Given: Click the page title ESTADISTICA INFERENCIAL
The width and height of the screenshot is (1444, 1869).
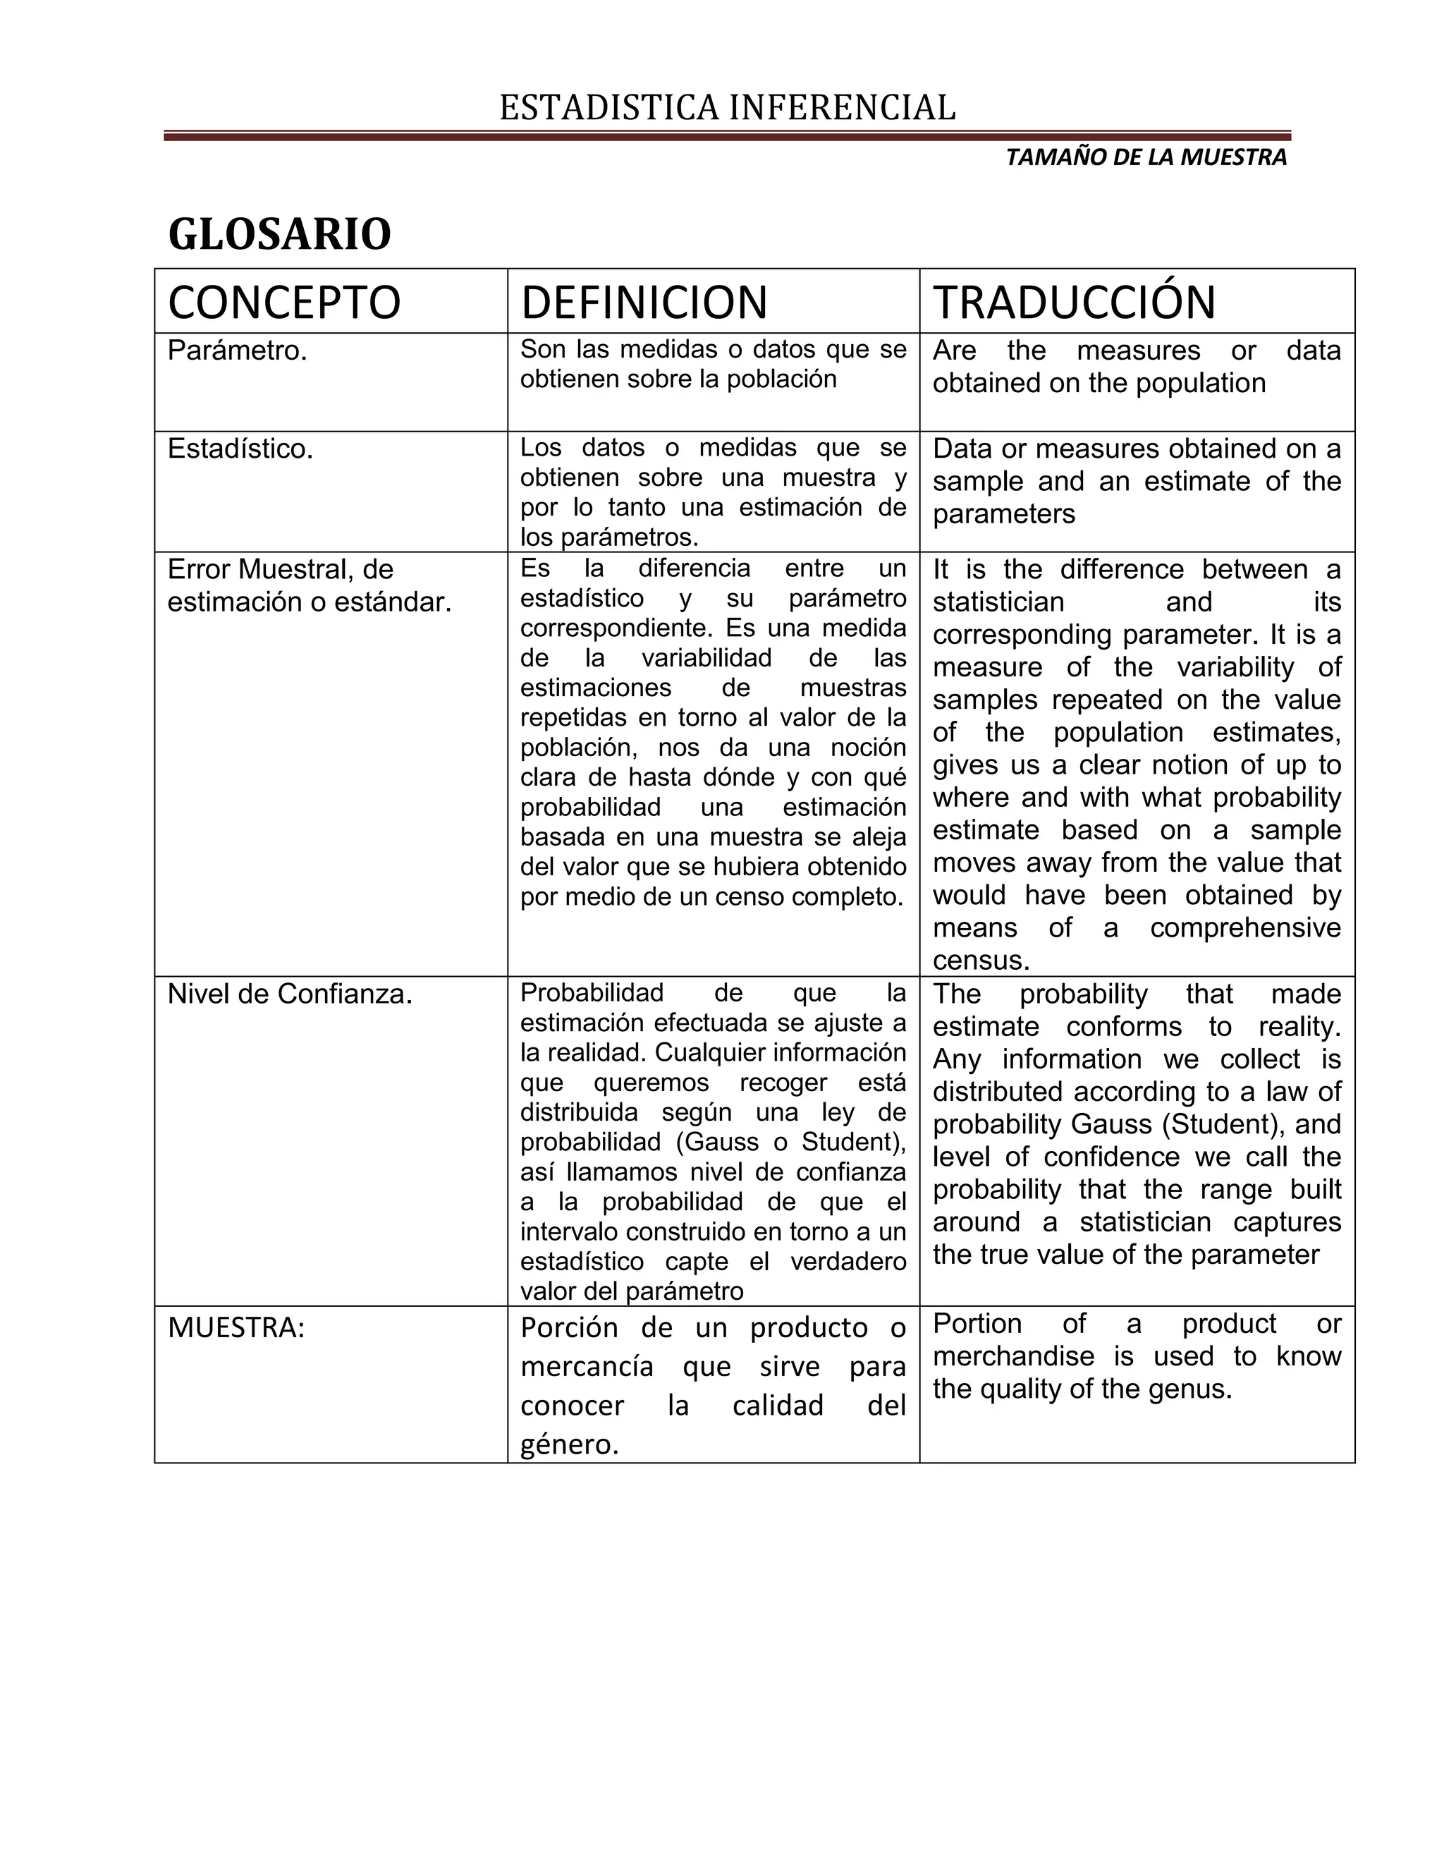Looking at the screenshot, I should [x=727, y=109].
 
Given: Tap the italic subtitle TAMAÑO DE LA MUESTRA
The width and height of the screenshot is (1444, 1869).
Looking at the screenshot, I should [x=1146, y=157].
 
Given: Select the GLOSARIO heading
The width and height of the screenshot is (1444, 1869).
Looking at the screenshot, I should [x=280, y=233].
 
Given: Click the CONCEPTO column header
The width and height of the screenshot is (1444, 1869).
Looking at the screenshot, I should [x=284, y=302].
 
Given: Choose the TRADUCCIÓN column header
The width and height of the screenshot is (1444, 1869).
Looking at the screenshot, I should [x=1074, y=302].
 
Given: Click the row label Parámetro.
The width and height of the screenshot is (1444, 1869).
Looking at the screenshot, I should [x=237, y=351].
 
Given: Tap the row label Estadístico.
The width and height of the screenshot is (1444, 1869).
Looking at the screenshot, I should [x=240, y=449].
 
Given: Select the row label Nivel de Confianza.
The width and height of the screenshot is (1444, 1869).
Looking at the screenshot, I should [x=290, y=994].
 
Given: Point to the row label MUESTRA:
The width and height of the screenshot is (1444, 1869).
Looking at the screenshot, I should [x=236, y=1327].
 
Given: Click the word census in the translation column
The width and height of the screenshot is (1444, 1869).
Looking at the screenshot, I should [x=980, y=960].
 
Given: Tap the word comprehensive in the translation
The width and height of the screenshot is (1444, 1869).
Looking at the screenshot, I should [x=1244, y=927].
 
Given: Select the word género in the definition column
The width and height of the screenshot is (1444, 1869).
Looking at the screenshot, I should [x=569, y=1444].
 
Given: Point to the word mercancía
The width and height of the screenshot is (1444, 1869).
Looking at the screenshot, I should [x=587, y=1367].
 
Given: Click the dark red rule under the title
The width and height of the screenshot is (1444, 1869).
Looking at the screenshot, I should [x=727, y=135].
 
